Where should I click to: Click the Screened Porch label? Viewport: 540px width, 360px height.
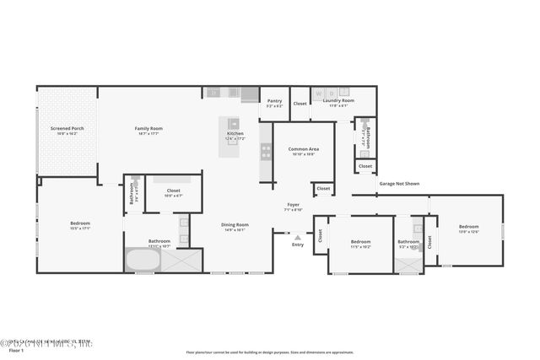(66, 129)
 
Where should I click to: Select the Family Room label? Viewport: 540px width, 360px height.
(148, 129)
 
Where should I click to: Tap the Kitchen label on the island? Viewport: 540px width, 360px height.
(235, 134)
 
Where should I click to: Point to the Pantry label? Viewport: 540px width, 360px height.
(274, 101)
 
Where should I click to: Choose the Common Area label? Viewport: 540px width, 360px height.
(302, 150)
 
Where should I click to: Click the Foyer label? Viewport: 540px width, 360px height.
(293, 205)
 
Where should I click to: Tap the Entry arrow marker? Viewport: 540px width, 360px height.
(297, 238)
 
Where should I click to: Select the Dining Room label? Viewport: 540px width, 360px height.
(235, 224)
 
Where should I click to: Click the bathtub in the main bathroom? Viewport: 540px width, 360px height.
(142, 260)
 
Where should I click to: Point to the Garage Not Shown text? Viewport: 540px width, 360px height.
(398, 183)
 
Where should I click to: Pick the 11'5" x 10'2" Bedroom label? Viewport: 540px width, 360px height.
(360, 242)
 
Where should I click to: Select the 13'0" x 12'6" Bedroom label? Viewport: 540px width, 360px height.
(468, 227)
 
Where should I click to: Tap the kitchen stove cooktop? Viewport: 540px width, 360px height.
(266, 152)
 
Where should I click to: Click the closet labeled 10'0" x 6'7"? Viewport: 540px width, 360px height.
(173, 191)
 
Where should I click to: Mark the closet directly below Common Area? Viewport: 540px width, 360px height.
(323, 188)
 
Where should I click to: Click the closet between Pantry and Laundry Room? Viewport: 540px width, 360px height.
(300, 103)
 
